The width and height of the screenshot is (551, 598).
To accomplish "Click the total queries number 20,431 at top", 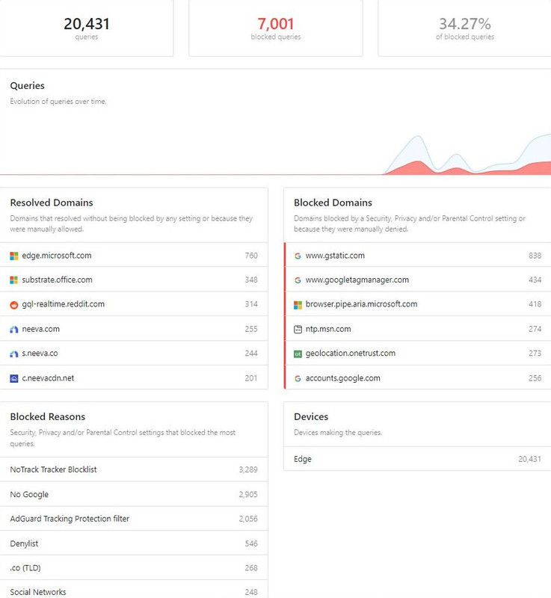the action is (x=87, y=24).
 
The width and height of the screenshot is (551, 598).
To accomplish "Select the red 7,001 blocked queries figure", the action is (x=276, y=24).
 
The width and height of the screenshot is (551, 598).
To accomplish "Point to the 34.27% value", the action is (x=465, y=24).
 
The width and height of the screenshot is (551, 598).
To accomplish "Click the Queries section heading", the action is (x=28, y=86).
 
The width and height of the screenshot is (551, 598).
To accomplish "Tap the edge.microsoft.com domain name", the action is (x=57, y=256).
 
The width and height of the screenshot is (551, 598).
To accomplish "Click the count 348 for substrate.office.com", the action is (x=251, y=280).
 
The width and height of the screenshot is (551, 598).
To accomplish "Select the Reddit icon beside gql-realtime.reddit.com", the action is (x=14, y=305).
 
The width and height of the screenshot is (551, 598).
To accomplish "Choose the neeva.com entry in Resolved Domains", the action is (x=41, y=329).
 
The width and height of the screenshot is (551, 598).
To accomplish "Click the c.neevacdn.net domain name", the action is (x=48, y=378).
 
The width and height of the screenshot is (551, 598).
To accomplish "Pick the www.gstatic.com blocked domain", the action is (x=335, y=256).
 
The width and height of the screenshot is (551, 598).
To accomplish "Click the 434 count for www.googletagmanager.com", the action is (x=535, y=280).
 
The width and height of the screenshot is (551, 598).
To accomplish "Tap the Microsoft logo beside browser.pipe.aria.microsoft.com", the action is (x=298, y=305).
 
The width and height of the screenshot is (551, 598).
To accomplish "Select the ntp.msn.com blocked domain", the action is (x=328, y=329).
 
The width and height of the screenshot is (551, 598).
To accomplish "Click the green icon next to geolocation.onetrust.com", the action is (x=298, y=354).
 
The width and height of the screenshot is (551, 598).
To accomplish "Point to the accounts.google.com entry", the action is (x=343, y=378).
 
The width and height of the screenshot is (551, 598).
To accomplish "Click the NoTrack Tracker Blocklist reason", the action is (x=53, y=469).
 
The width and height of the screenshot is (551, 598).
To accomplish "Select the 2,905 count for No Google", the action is (x=248, y=494).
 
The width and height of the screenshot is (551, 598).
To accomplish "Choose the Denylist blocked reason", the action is (x=24, y=543).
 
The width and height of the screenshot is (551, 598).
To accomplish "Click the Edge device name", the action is (x=303, y=459).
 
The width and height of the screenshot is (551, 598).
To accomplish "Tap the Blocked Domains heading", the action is (x=333, y=203).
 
